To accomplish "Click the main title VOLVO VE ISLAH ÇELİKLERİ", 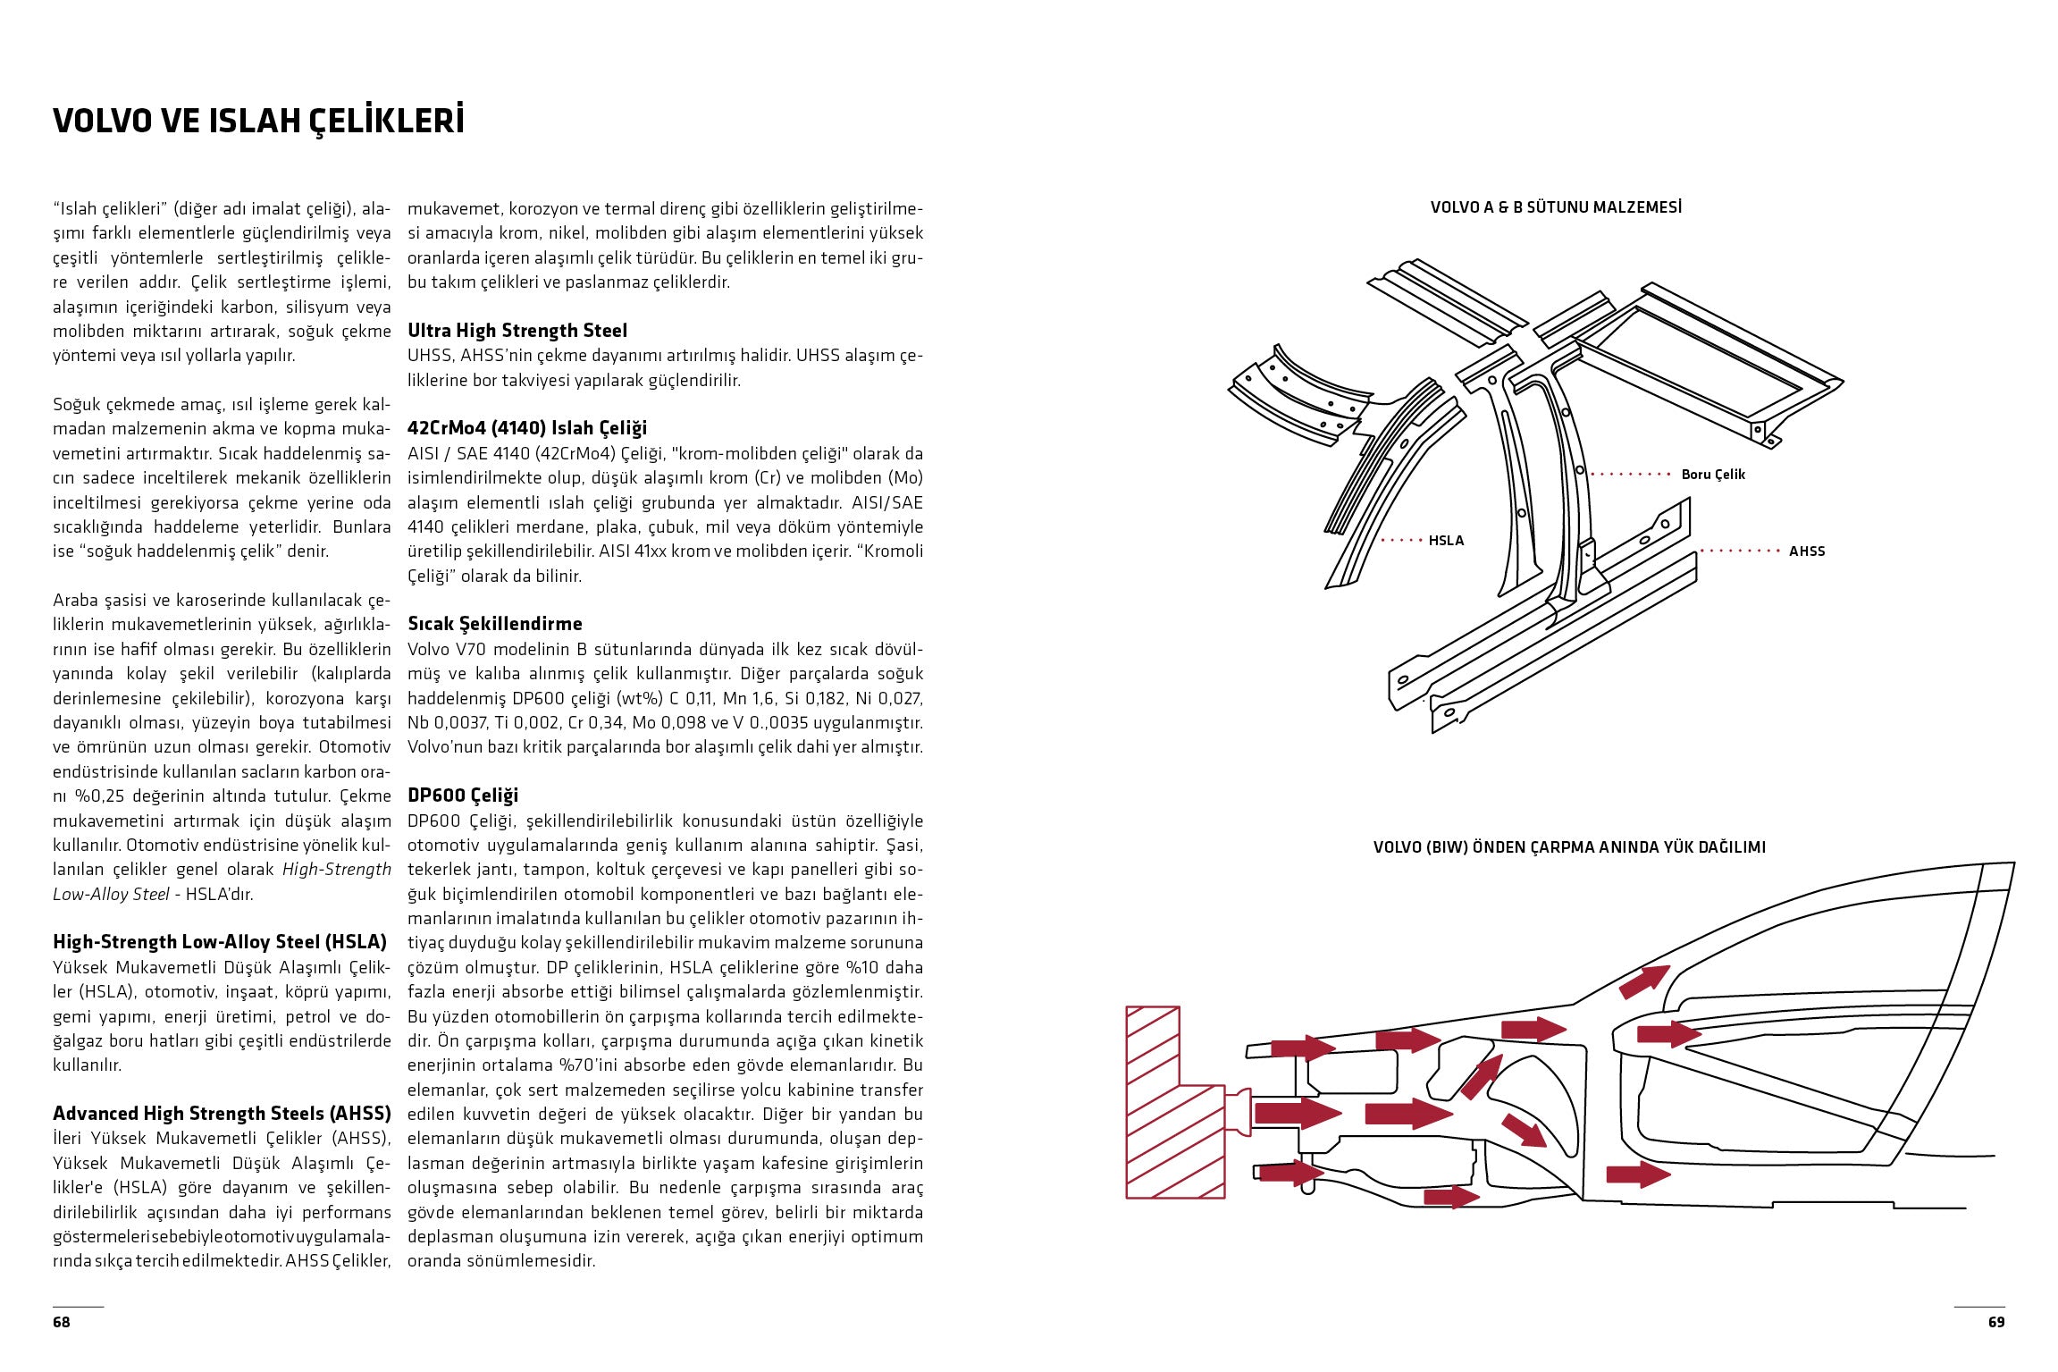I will click(x=258, y=121).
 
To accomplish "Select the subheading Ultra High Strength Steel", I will click(x=517, y=331).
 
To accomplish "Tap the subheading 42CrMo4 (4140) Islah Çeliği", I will click(x=527, y=428).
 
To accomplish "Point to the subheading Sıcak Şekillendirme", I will click(x=495, y=624).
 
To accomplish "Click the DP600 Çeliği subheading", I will click(x=463, y=795).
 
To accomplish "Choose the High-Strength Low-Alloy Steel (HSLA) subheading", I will click(x=220, y=942).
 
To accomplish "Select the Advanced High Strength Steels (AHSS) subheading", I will click(x=222, y=1114).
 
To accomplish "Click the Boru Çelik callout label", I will click(x=1712, y=475).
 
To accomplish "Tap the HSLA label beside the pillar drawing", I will click(x=1446, y=541).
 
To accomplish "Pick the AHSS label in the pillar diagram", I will click(x=1806, y=551).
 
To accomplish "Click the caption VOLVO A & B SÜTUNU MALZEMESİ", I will click(x=1556, y=207).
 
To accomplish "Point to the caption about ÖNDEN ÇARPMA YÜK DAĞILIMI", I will click(x=1569, y=847).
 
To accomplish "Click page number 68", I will click(x=61, y=1322).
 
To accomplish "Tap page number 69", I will click(x=1996, y=1322).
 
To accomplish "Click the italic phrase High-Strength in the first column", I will click(x=337, y=870).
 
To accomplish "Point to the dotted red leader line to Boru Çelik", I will click(x=1630, y=475).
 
